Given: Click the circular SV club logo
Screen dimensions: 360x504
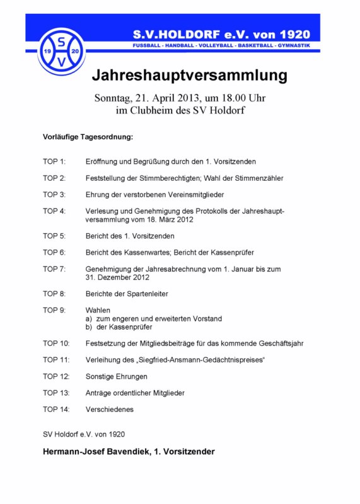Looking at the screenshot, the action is pyautogui.click(x=61, y=50).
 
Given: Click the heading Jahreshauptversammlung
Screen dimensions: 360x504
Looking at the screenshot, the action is pyautogui.click(x=189, y=76).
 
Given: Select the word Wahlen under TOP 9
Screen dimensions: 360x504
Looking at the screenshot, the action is pyautogui.click(x=98, y=311).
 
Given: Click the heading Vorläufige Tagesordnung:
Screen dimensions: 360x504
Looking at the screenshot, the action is pyautogui.click(x=88, y=137).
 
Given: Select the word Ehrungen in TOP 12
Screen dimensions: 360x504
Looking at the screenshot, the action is pyautogui.click(x=132, y=377).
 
